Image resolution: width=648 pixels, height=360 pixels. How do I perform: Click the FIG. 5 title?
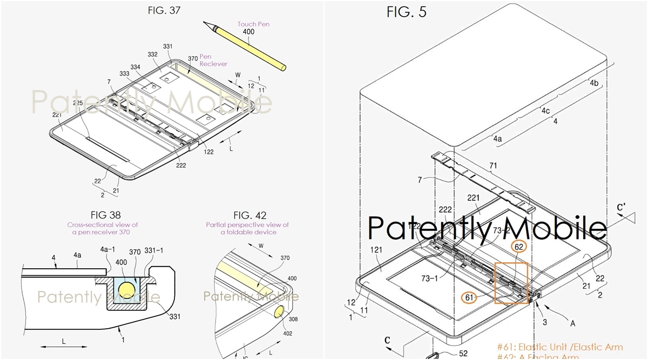tap(406, 12)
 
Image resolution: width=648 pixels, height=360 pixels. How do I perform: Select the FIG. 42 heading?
tap(247, 215)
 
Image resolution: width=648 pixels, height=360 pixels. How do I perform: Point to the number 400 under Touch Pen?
tap(249, 33)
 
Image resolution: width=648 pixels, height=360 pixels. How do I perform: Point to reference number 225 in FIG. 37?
tap(78, 103)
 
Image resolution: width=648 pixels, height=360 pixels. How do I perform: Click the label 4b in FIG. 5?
tap(593, 83)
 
